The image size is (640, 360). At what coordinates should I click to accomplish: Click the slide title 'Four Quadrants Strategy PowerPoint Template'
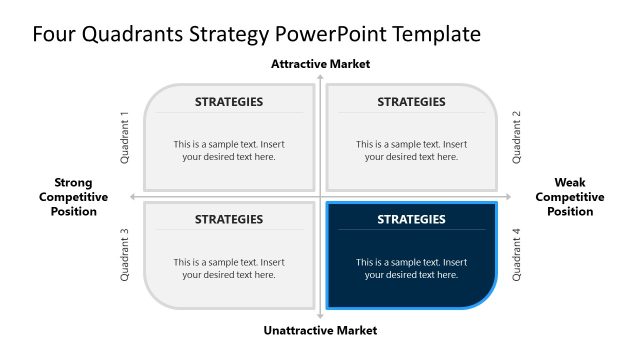256,34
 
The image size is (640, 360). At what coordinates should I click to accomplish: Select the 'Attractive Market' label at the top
320,64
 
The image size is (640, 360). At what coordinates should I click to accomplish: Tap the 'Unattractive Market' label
320,330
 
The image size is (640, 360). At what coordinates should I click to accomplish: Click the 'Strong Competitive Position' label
74,197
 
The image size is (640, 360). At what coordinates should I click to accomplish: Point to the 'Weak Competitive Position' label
570,197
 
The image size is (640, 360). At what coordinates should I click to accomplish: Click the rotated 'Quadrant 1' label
125,137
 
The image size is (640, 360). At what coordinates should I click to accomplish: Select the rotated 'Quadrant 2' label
517,137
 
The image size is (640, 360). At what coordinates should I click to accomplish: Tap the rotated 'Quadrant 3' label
125,255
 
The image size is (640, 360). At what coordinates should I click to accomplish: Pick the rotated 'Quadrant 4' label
517,255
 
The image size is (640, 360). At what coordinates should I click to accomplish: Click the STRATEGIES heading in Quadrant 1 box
229,102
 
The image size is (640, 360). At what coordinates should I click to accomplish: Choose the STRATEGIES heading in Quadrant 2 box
411,102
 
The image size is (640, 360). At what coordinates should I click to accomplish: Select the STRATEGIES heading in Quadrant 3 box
229,219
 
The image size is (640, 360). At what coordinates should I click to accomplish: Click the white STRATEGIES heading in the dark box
411,219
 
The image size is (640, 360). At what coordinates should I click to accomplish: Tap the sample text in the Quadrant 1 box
229,150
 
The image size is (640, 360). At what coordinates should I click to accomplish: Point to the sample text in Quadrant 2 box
411,150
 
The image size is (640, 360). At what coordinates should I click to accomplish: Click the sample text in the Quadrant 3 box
229,268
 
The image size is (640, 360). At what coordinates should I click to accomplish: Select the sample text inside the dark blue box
411,268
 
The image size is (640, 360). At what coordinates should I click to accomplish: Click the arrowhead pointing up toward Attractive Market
320,77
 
